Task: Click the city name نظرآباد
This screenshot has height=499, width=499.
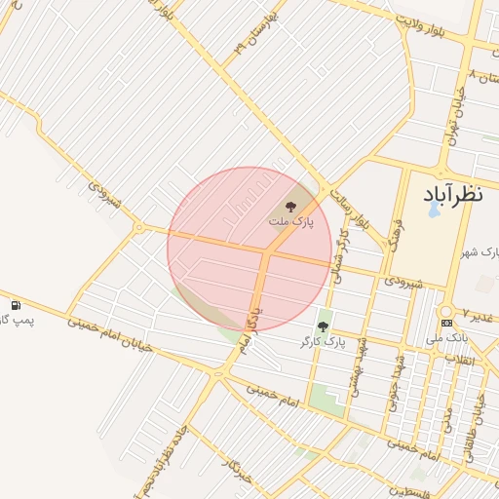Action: (x=453, y=195)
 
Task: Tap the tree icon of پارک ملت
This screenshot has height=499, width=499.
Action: (x=290, y=206)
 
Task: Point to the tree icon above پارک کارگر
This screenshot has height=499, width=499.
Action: (x=323, y=326)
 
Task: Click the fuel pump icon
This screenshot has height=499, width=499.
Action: (x=16, y=306)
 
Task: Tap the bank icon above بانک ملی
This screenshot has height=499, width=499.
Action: (x=446, y=323)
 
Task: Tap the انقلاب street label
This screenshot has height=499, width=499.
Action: (x=459, y=360)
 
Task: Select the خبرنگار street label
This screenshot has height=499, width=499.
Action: (x=238, y=479)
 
